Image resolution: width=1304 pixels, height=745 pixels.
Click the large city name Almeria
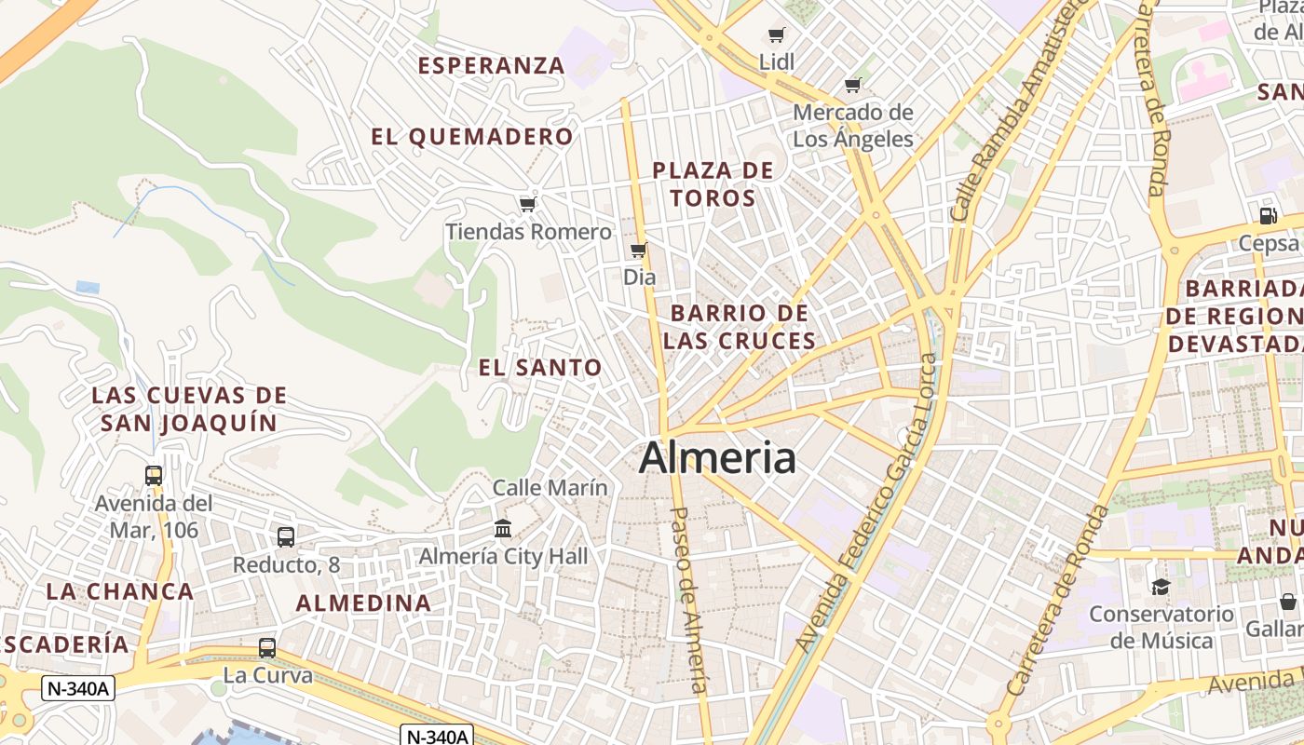(x=717, y=458)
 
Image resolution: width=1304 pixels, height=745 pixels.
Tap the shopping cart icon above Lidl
(x=776, y=35)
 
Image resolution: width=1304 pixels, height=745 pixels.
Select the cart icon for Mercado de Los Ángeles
(x=852, y=86)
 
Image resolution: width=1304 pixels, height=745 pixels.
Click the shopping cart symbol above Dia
(x=639, y=250)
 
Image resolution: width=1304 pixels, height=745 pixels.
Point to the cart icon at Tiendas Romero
(x=528, y=204)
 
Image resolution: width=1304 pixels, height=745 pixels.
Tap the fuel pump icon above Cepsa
(x=1268, y=215)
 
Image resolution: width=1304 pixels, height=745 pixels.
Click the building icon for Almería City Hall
(x=503, y=529)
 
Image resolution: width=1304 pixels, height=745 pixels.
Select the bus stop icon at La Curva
(x=267, y=648)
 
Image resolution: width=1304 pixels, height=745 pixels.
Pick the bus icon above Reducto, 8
(x=286, y=537)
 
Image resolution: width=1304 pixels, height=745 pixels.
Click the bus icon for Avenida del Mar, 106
(x=154, y=476)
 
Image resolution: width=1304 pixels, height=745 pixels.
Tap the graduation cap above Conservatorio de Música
(x=1161, y=587)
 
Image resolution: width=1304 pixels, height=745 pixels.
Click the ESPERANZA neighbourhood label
(x=492, y=65)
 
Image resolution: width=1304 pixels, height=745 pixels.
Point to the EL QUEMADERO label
(x=472, y=137)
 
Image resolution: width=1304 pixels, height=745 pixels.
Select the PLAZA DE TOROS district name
(x=713, y=184)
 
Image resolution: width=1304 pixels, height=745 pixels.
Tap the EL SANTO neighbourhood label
(x=540, y=368)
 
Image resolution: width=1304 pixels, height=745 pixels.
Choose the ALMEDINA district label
(x=364, y=603)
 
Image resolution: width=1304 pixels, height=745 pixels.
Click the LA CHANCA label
(x=120, y=591)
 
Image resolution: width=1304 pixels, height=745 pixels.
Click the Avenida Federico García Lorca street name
(x=867, y=503)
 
